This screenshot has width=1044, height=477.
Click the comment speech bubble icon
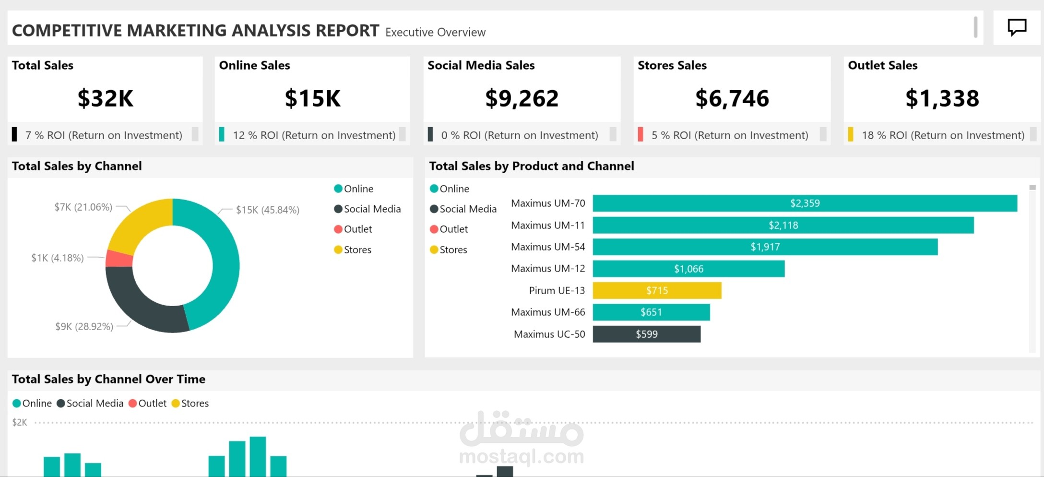pos(1017,27)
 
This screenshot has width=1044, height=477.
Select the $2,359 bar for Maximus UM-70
pos(805,203)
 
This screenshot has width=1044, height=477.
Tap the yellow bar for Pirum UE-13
pos(657,290)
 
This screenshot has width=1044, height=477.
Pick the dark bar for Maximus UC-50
pos(646,334)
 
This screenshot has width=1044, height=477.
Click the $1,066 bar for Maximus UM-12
pos(688,269)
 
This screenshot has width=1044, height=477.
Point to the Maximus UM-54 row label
pos(548,247)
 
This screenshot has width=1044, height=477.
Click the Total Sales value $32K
pos(106,98)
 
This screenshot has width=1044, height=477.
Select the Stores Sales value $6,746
pos(732,98)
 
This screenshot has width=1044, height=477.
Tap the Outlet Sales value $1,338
pos(942,98)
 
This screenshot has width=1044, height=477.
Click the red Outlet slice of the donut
pos(119,259)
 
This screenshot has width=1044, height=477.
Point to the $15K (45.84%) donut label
pos(267,210)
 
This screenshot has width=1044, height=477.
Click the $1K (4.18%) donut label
pos(58,258)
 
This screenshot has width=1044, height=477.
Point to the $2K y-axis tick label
pos(20,422)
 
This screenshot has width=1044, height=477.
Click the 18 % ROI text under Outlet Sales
pos(943,135)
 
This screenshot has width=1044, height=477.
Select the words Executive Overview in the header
pos(435,32)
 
